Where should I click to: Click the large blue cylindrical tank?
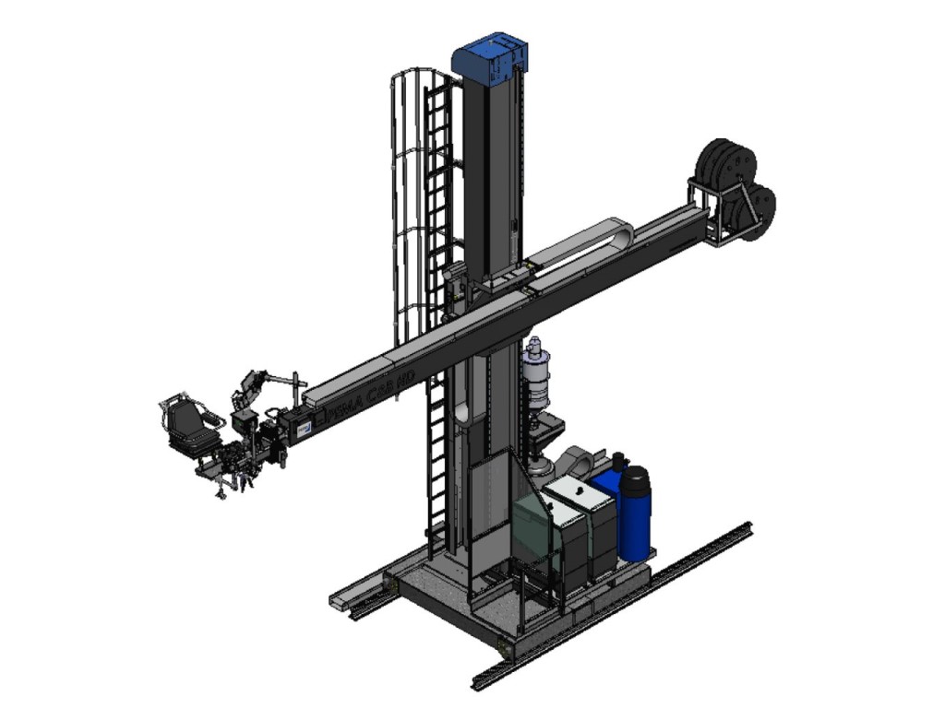point(633,513)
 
